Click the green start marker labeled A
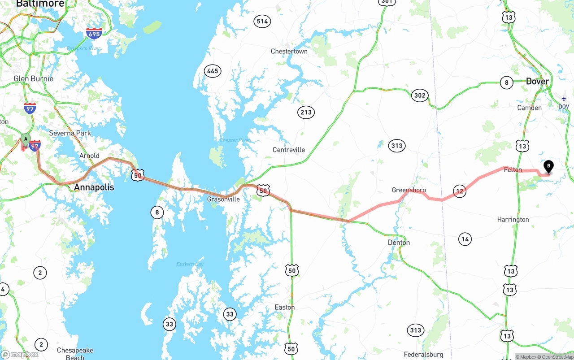click(x=26, y=139)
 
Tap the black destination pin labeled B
click(x=548, y=166)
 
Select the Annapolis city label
click(x=94, y=187)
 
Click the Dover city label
click(x=537, y=81)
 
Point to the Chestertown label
click(x=289, y=51)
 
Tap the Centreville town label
click(x=289, y=150)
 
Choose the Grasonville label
click(x=223, y=199)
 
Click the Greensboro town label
click(x=409, y=190)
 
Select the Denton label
click(x=399, y=243)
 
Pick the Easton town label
click(x=285, y=307)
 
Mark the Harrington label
click(x=513, y=220)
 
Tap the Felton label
click(x=513, y=169)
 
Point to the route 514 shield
click(x=262, y=21)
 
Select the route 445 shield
click(x=213, y=71)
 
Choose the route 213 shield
click(x=306, y=112)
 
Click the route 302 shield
click(x=420, y=95)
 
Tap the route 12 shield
click(x=459, y=191)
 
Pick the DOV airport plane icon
click(x=564, y=99)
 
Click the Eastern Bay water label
click(x=190, y=264)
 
